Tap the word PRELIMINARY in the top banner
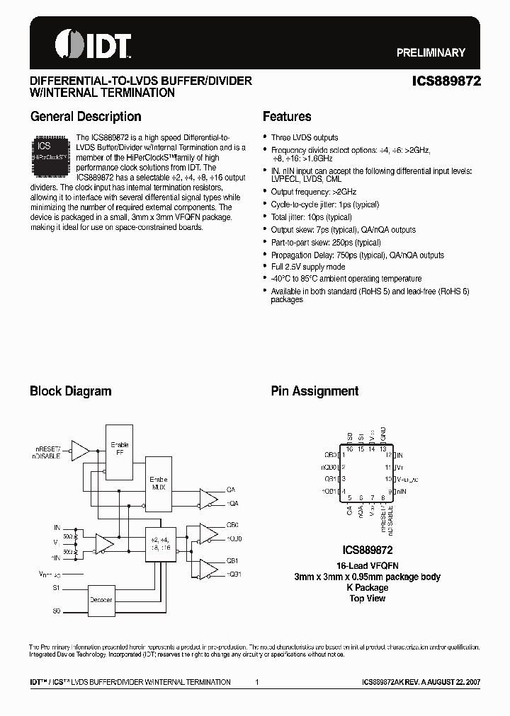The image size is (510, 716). click(x=430, y=52)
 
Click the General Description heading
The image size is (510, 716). click(x=85, y=117)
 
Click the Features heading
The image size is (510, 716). click(x=287, y=117)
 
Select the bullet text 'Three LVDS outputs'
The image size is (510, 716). click(x=305, y=137)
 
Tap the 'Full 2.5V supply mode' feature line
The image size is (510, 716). click(x=308, y=267)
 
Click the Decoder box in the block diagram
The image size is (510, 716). click(x=101, y=599)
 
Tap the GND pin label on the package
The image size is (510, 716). click(x=382, y=433)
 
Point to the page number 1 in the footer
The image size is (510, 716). click(x=256, y=682)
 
